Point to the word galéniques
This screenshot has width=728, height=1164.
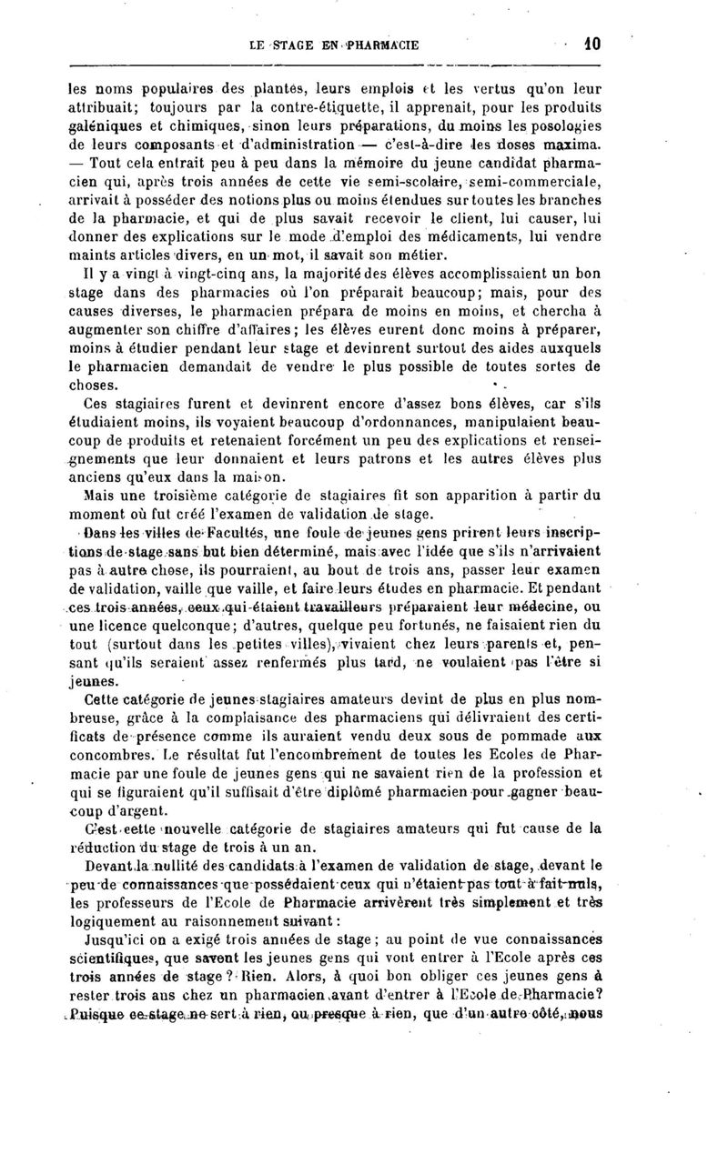(x=105, y=127)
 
